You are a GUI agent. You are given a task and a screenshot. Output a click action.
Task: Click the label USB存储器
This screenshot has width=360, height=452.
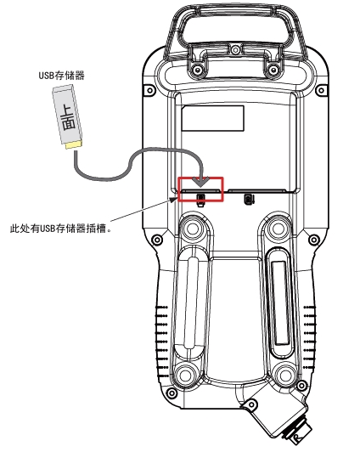click(x=62, y=76)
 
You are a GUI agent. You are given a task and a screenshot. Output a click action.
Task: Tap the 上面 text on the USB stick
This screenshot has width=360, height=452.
click(x=68, y=118)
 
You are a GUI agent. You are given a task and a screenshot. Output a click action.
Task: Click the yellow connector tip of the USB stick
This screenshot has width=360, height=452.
click(x=74, y=144)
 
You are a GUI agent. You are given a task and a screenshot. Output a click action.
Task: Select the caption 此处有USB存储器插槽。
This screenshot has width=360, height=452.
click(x=60, y=229)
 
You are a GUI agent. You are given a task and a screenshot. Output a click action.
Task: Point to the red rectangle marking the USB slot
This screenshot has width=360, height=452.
click(x=200, y=178)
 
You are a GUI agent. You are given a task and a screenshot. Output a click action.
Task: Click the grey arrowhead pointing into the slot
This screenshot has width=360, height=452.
click(x=200, y=182)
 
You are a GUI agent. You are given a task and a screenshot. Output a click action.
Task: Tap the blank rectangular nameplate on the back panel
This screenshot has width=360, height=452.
click(x=213, y=118)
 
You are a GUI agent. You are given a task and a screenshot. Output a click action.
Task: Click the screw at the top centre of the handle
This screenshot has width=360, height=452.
click(x=235, y=49)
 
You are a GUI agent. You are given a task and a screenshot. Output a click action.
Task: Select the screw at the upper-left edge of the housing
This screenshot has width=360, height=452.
click(x=149, y=91)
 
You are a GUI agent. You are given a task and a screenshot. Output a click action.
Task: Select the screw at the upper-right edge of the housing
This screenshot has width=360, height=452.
click(x=322, y=91)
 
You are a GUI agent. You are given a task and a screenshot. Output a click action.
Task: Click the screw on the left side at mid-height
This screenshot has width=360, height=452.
click(x=157, y=240)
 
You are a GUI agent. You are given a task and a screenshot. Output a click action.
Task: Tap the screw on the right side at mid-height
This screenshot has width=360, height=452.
click(x=313, y=240)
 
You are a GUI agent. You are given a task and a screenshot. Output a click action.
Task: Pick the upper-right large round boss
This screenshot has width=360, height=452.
click(x=278, y=229)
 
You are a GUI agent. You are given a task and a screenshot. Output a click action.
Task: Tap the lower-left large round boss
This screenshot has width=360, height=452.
click(x=185, y=375)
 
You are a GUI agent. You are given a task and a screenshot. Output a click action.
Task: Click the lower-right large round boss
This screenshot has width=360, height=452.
click(x=284, y=375)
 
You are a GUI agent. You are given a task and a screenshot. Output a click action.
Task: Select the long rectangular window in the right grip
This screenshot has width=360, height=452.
click(x=279, y=302)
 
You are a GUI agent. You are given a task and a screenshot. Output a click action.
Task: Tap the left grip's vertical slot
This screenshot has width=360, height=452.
click(x=192, y=302)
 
